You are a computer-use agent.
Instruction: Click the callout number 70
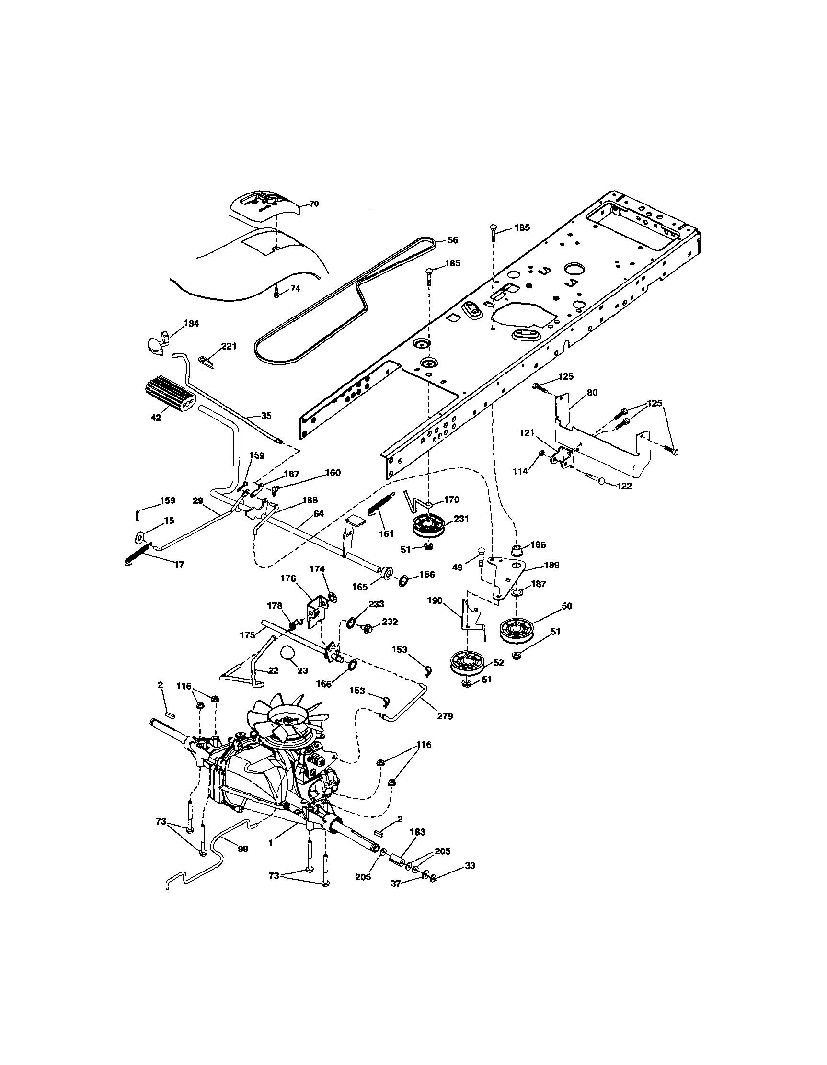point(314,204)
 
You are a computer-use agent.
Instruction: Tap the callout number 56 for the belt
point(453,240)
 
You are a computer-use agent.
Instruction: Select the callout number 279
point(445,716)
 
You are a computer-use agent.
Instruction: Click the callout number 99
point(242,849)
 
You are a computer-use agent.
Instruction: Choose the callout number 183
point(418,832)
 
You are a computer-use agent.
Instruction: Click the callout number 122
point(623,486)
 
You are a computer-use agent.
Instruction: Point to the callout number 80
point(592,392)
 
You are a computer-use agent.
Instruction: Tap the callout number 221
point(229,346)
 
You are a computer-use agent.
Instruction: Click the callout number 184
point(191,323)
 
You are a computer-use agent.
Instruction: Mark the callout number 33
point(470,866)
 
